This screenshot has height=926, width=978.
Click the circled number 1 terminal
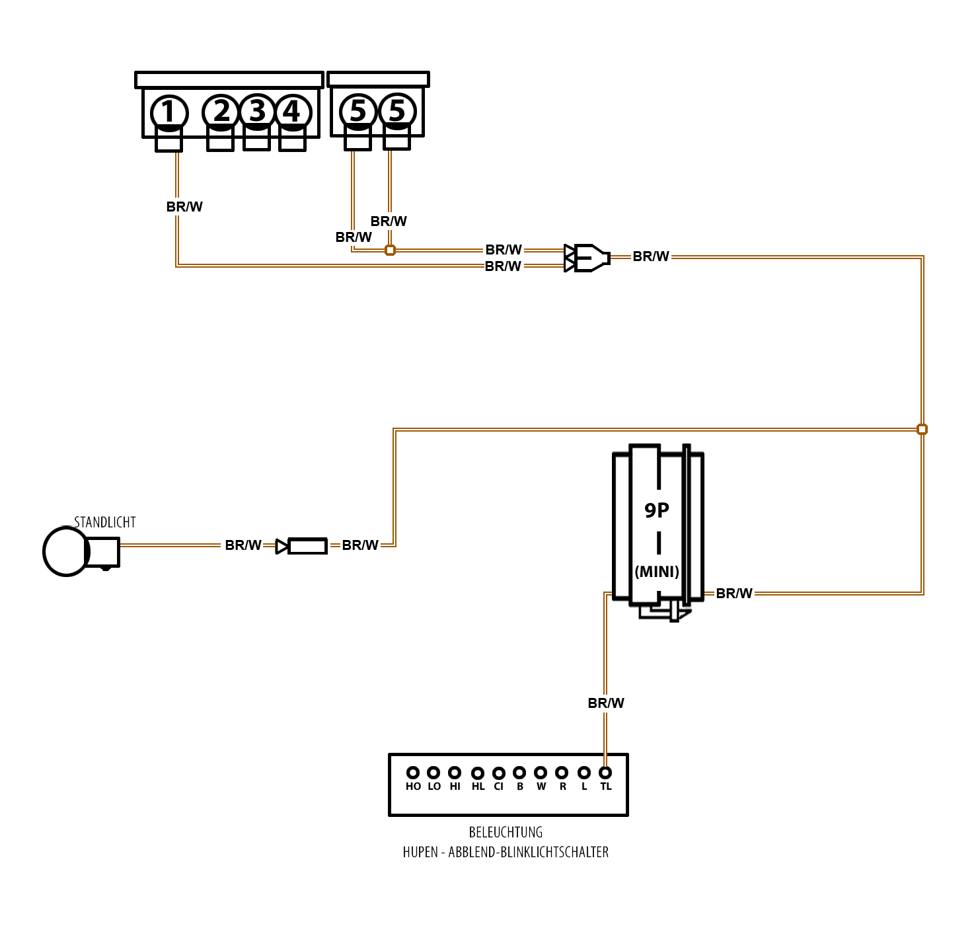click(x=169, y=112)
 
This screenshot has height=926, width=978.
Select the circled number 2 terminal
click(x=221, y=111)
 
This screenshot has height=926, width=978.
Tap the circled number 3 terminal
click(x=257, y=111)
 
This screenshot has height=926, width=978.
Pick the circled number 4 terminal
click(x=293, y=112)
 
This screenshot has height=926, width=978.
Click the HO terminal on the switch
click(x=413, y=772)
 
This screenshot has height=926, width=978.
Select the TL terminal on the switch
click(x=605, y=772)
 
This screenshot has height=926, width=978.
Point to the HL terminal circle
click(x=478, y=773)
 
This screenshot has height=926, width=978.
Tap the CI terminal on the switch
click(x=499, y=773)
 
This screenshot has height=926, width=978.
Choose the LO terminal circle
click(x=433, y=772)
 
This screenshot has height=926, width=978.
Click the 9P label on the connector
click(x=657, y=510)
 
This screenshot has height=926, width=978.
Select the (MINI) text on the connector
click(x=657, y=572)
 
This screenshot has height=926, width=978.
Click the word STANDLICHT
click(x=105, y=522)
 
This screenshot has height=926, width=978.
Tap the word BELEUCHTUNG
click(x=506, y=832)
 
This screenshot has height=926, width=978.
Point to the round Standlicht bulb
click(x=65, y=551)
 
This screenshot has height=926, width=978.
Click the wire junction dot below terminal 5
click(x=390, y=250)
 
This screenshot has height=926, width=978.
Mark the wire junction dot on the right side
click(x=922, y=430)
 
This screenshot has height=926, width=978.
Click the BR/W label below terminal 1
click(x=184, y=207)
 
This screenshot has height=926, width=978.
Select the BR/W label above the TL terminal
click(x=606, y=703)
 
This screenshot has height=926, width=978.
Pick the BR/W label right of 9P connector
click(x=734, y=594)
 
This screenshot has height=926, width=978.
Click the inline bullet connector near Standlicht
click(x=303, y=546)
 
